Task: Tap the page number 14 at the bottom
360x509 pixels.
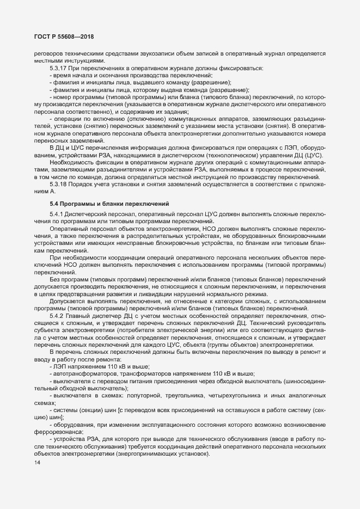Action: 37,463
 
